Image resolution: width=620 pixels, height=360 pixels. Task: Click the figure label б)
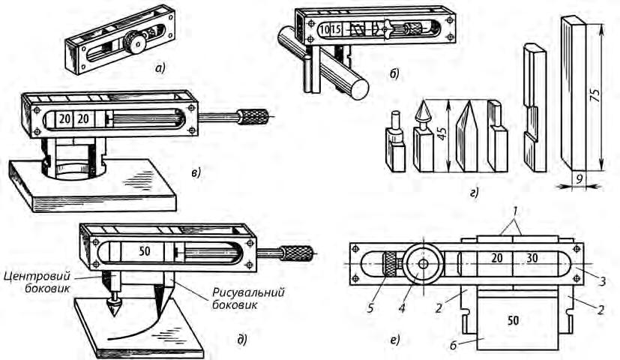pos(394,73)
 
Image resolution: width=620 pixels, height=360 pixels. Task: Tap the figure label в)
pos(196,173)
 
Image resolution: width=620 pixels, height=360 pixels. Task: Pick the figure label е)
pos(394,340)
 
